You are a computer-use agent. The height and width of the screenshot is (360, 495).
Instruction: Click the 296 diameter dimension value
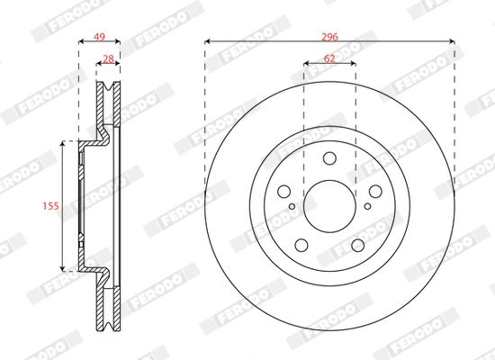(x=329, y=37)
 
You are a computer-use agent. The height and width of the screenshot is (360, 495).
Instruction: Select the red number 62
(x=329, y=58)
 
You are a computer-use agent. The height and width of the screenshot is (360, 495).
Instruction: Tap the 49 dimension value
(x=99, y=37)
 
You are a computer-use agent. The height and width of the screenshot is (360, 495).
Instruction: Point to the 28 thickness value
(x=108, y=59)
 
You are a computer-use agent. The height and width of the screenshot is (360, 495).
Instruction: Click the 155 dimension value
(x=50, y=206)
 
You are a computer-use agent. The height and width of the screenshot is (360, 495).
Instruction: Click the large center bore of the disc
(x=329, y=206)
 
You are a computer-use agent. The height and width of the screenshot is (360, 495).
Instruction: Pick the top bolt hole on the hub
(x=329, y=158)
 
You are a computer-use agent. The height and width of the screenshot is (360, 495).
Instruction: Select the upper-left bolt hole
(x=283, y=192)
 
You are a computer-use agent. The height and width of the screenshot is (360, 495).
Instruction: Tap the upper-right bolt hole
(x=375, y=192)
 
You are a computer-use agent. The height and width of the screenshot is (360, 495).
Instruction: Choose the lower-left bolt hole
(x=301, y=245)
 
